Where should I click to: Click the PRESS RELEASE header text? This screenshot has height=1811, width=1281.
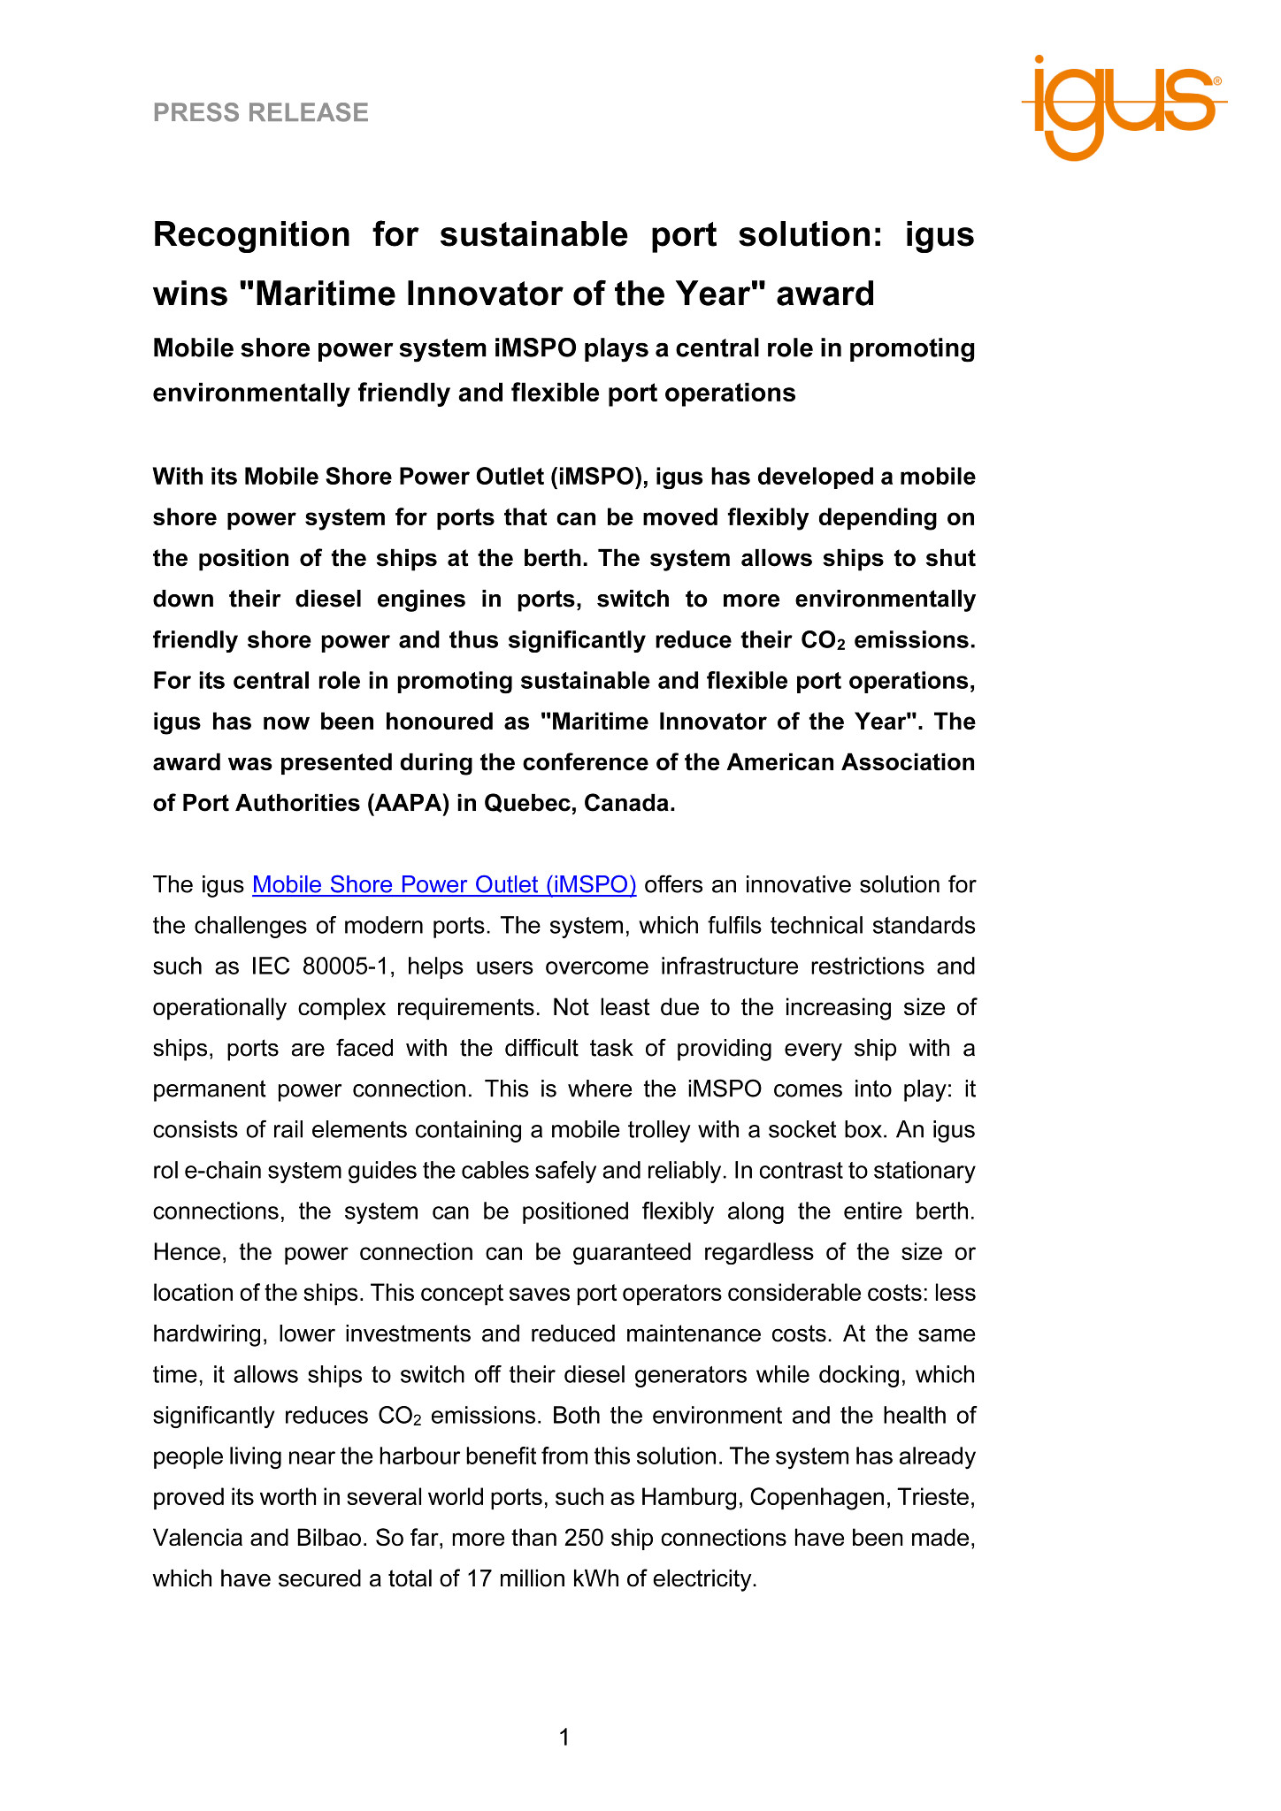point(261,112)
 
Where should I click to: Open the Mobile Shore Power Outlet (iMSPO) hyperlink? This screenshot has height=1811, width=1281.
point(444,884)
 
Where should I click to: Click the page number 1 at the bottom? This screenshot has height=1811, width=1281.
point(564,1738)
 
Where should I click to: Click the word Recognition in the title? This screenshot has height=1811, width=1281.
point(252,234)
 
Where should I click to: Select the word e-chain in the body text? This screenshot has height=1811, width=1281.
point(218,1170)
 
